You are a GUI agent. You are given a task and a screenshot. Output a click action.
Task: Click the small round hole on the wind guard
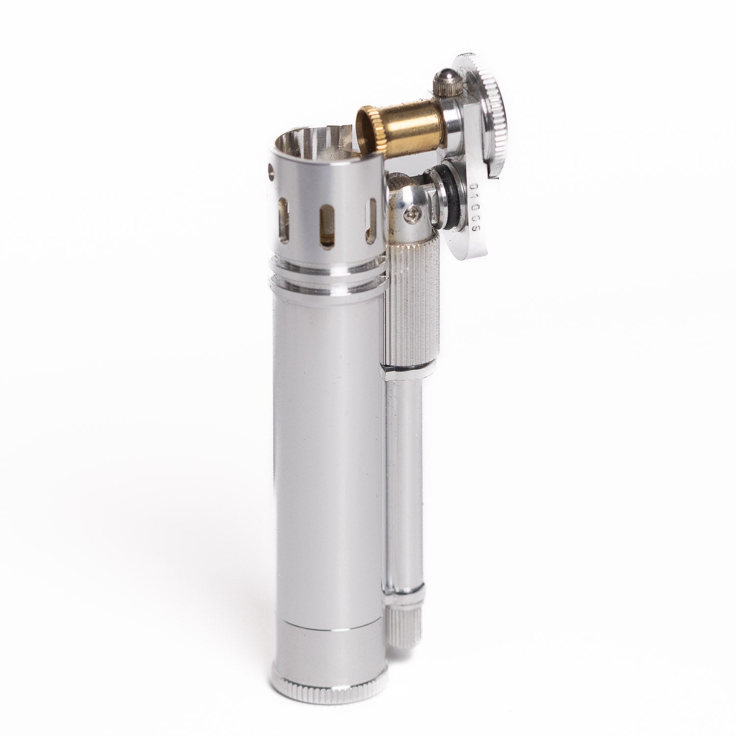[270, 170]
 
